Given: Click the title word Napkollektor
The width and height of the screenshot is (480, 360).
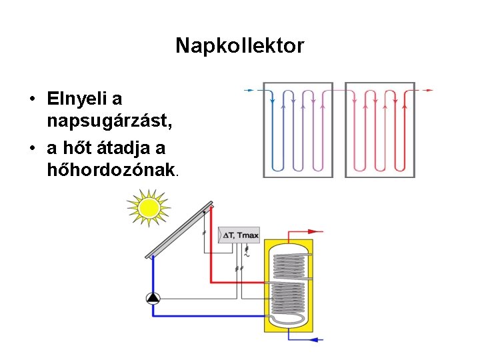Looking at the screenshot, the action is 239,46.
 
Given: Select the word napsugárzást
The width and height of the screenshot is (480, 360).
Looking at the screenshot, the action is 110,122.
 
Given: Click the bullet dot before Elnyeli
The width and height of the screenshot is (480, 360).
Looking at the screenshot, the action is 31,100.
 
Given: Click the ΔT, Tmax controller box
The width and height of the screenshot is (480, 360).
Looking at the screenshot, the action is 240,235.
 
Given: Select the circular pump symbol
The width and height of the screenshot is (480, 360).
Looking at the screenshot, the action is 153,299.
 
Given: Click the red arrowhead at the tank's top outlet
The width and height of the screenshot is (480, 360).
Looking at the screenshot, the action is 318,231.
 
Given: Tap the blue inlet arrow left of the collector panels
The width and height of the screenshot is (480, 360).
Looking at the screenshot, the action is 250,90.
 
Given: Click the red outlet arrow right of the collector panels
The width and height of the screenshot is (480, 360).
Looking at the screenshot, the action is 429,90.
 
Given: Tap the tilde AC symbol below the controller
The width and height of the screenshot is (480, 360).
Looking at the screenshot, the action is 247,255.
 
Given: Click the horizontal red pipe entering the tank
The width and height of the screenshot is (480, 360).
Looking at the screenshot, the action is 240,282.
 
